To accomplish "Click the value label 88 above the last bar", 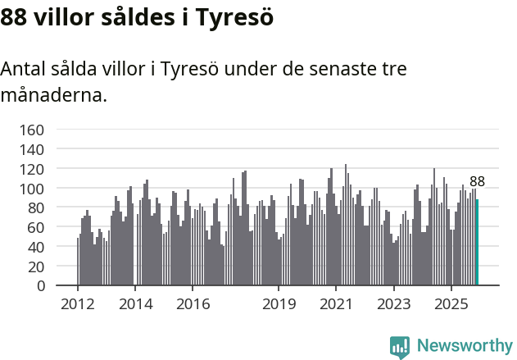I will click(x=477, y=182).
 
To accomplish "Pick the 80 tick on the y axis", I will click(x=35, y=208).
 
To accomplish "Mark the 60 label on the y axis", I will click(x=35, y=227).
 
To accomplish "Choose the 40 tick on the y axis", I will click(x=35, y=247).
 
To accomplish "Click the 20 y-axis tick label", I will click(x=35, y=267).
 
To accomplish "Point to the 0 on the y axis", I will click(x=39, y=286).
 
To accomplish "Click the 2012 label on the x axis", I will click(x=78, y=304).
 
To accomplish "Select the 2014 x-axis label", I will click(x=135, y=304).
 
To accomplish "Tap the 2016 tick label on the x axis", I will click(x=193, y=304).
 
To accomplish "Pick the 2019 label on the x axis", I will click(x=279, y=304).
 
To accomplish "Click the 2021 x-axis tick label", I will click(x=336, y=304).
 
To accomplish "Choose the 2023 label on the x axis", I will click(x=393, y=304).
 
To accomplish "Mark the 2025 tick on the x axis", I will click(x=451, y=304).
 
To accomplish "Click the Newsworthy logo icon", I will click(x=400, y=347).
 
